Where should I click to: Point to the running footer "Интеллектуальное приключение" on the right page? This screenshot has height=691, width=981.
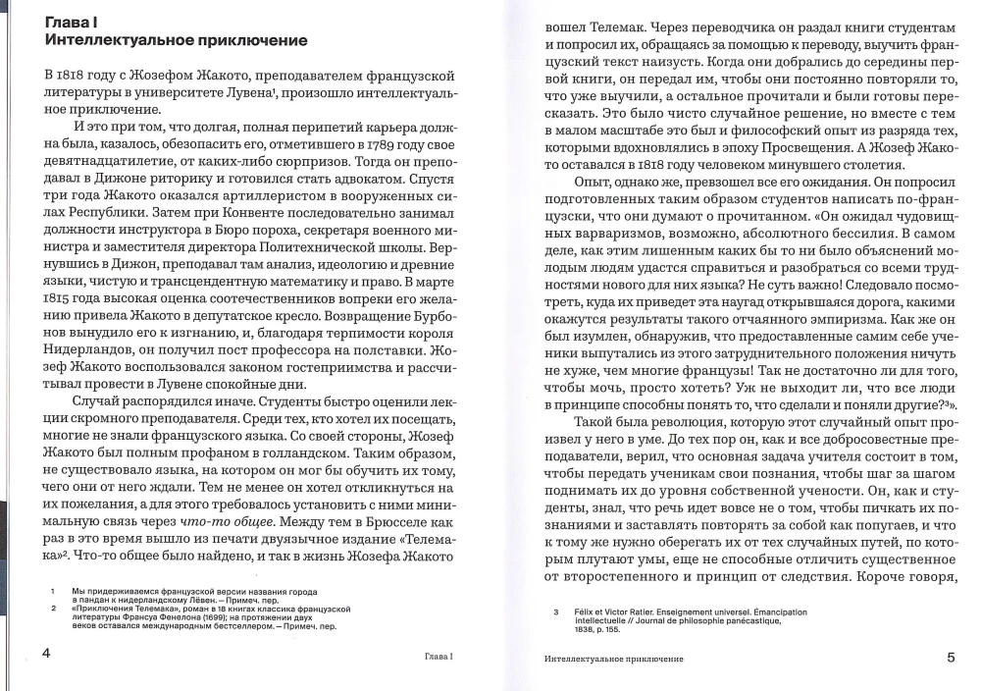pos(613,657)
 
